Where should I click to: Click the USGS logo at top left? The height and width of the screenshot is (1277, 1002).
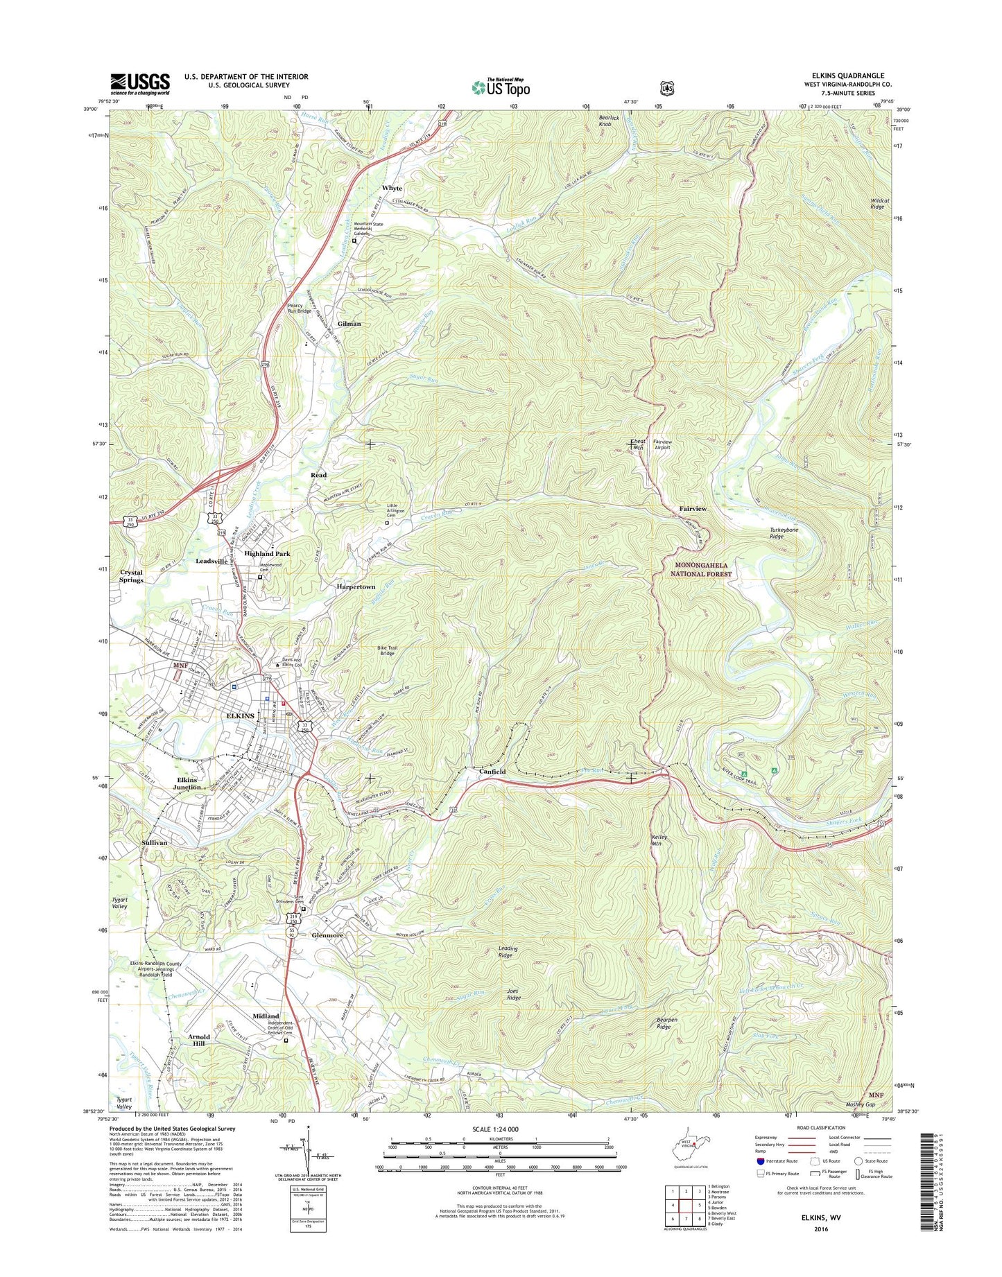[x=139, y=85]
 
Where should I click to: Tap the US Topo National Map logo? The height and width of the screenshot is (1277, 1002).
[x=501, y=87]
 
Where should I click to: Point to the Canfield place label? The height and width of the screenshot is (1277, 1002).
[x=492, y=771]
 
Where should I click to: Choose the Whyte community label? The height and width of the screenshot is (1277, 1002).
[x=392, y=188]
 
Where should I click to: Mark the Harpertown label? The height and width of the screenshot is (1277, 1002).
[x=356, y=587]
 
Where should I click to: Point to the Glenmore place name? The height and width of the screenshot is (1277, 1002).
[x=327, y=935]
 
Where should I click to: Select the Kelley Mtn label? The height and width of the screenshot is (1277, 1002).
[x=659, y=840]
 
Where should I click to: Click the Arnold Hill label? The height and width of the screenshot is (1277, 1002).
[x=198, y=1040]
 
